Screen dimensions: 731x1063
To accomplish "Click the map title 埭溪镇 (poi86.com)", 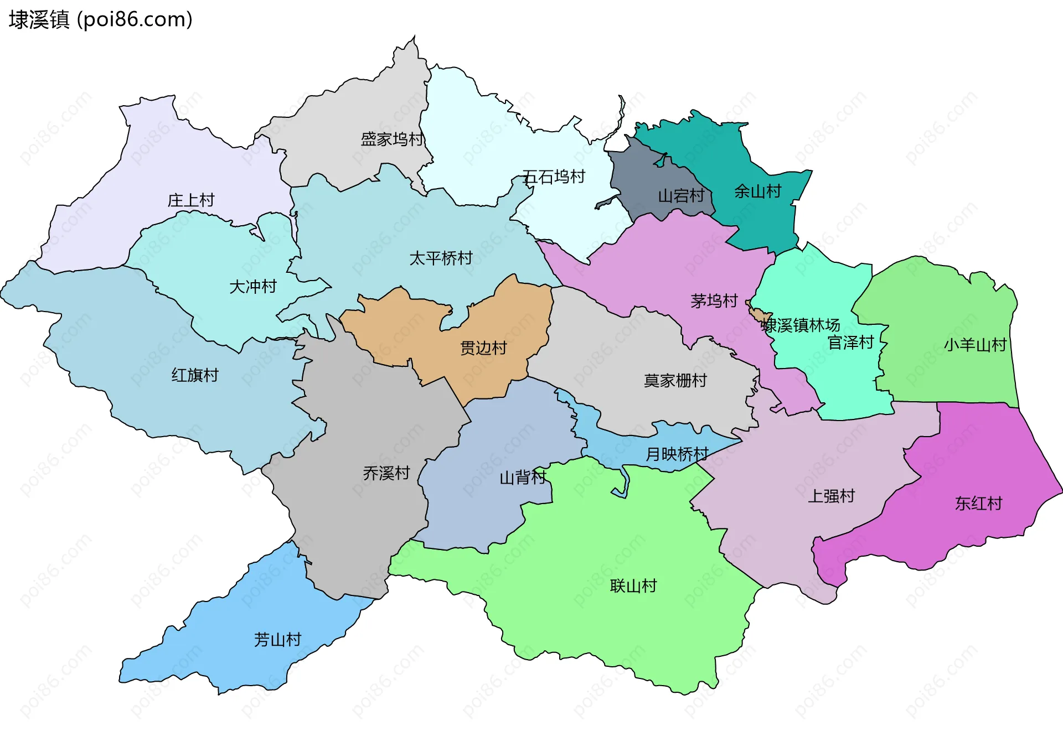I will pyautogui.click(x=100, y=20).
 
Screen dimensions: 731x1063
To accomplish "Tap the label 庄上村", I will pyautogui.click(x=191, y=200).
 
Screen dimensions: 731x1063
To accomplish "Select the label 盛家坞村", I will pyautogui.click(x=392, y=139).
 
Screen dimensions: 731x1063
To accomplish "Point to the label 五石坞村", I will pyautogui.click(x=554, y=177).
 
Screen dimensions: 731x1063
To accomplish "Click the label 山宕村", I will pyautogui.click(x=681, y=196).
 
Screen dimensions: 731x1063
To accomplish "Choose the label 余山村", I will pyautogui.click(x=757, y=191).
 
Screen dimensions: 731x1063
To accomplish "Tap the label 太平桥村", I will pyautogui.click(x=441, y=258).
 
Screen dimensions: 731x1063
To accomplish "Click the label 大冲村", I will pyautogui.click(x=253, y=287).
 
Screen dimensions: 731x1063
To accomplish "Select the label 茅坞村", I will pyautogui.click(x=714, y=301).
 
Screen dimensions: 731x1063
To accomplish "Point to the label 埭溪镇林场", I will pyautogui.click(x=801, y=325).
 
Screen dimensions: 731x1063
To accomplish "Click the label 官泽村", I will pyautogui.click(x=850, y=343).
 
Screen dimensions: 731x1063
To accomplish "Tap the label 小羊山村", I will pyautogui.click(x=975, y=345).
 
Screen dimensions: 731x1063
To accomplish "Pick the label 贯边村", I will pyautogui.click(x=483, y=349).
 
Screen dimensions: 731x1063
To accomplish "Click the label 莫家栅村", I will pyautogui.click(x=675, y=381).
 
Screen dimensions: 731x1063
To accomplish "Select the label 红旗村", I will pyautogui.click(x=195, y=375).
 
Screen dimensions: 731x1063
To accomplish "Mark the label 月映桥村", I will pyautogui.click(x=677, y=454).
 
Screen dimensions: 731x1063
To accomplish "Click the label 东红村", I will pyautogui.click(x=978, y=504).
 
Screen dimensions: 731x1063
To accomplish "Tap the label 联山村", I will pyautogui.click(x=633, y=586).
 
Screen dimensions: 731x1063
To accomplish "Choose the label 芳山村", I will pyautogui.click(x=277, y=640).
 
